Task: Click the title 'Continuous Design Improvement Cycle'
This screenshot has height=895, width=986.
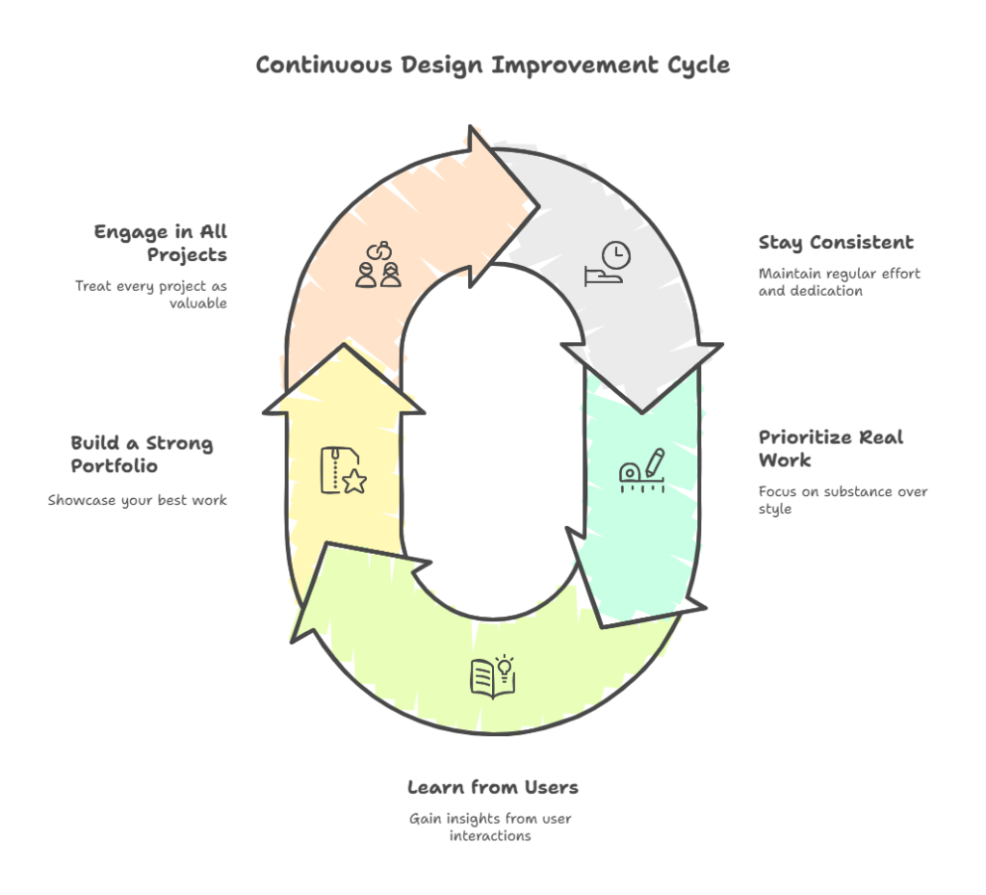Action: (x=492, y=66)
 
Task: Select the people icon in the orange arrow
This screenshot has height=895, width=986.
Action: (x=377, y=264)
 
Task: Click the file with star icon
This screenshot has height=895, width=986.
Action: (x=343, y=470)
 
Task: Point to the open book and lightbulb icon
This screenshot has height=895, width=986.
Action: (x=493, y=675)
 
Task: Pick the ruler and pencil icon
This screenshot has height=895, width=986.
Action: (x=641, y=470)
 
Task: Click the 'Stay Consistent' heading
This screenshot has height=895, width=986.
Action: (x=836, y=243)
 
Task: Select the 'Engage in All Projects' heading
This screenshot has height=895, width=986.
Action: (x=161, y=244)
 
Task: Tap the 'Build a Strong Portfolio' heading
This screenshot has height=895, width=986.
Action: (x=142, y=455)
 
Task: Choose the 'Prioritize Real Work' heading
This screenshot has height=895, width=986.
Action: (x=830, y=448)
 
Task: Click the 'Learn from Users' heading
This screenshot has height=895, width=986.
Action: (x=492, y=787)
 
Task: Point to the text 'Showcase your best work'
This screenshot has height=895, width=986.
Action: (x=138, y=500)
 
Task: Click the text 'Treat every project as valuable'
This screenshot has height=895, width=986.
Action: (x=151, y=295)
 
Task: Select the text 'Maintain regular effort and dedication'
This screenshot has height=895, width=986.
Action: (x=839, y=282)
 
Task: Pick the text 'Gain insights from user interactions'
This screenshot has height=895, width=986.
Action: (x=490, y=827)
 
